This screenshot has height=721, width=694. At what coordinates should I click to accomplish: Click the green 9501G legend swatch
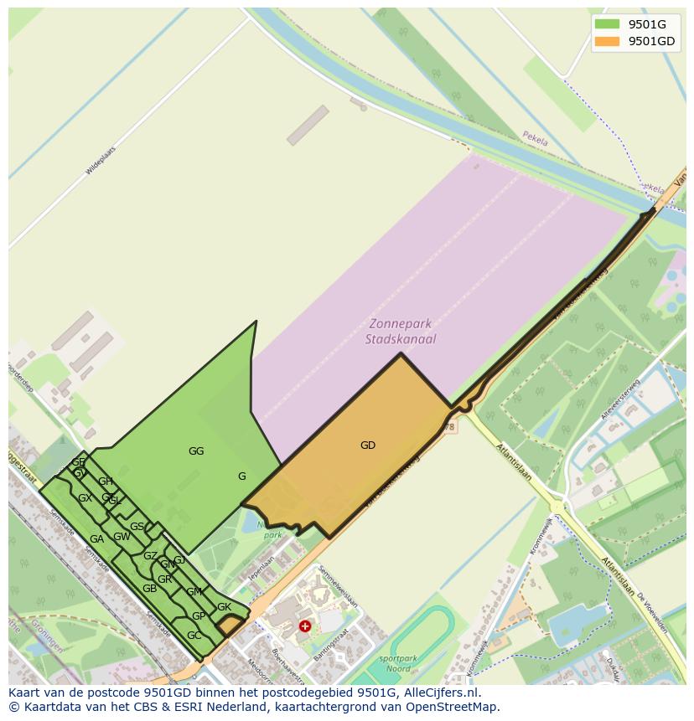[607, 23]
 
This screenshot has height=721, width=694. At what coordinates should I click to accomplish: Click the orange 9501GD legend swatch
[607, 41]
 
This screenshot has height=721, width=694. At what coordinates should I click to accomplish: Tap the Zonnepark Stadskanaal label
[401, 332]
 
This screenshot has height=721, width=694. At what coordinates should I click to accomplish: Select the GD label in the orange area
[368, 445]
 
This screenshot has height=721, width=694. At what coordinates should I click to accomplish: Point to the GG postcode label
[196, 451]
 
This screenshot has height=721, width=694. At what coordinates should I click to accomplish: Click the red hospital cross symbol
[305, 626]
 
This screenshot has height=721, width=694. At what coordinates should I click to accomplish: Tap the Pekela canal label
[535, 139]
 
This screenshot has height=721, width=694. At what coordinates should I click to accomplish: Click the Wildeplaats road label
[100, 160]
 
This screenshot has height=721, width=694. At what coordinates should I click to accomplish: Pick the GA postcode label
[96, 539]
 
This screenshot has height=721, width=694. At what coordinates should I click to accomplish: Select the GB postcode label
[149, 589]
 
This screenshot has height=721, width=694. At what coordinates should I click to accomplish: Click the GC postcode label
[194, 636]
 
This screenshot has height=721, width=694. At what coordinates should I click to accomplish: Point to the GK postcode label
[224, 607]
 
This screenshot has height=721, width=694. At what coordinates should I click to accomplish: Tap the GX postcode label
[85, 498]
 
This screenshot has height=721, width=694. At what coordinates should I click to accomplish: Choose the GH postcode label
[106, 482]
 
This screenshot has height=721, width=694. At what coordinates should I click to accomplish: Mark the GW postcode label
[122, 537]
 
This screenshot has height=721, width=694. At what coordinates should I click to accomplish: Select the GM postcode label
[194, 592]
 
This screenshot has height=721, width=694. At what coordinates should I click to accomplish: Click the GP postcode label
[199, 616]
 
